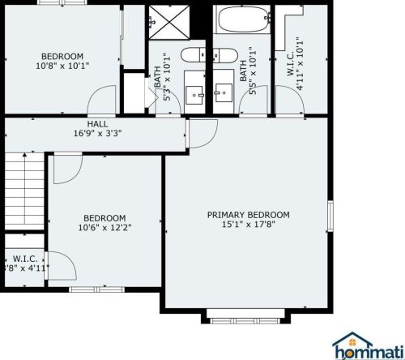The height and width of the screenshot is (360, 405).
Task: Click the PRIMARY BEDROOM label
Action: pyautogui.click(x=248, y=215)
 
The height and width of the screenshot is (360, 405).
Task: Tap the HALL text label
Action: pyautogui.click(x=97, y=124)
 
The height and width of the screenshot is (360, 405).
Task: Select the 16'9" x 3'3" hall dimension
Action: pyautogui.click(x=97, y=135)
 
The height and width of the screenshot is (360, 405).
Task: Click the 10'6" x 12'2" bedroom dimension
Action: pyautogui.click(x=104, y=228)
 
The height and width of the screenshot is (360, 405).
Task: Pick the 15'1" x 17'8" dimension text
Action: pyautogui.click(x=248, y=225)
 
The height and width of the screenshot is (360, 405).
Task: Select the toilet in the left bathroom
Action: pyautogui.click(x=193, y=58)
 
